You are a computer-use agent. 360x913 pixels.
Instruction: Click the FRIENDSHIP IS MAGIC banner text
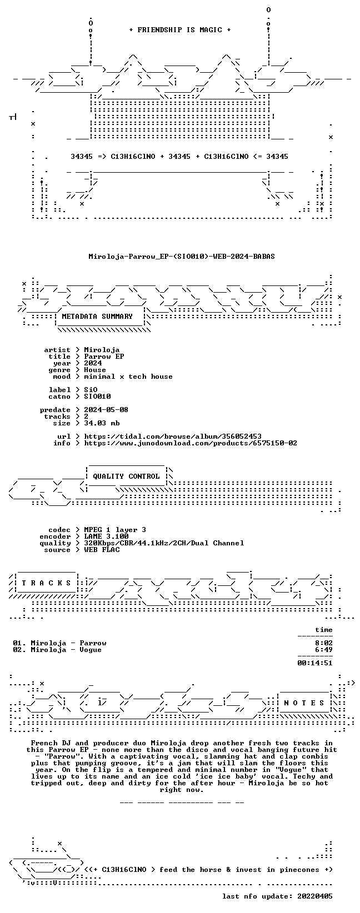pyautogui.click(x=180, y=30)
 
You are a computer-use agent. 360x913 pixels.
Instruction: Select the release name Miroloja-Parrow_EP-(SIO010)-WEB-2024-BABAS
pyautogui.click(x=182, y=257)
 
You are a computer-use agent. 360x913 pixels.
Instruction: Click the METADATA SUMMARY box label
pyautogui.click(x=97, y=317)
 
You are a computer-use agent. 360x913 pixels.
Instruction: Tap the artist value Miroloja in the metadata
pyautogui.click(x=102, y=350)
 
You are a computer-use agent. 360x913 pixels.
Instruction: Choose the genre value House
pyautogui.click(x=95, y=370)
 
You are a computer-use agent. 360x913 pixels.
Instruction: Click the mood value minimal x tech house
pyautogui.click(x=128, y=377)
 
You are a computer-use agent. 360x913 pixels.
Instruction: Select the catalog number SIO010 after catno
pyautogui.click(x=97, y=396)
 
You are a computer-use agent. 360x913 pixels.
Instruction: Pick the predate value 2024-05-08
pyautogui.click(x=107, y=410)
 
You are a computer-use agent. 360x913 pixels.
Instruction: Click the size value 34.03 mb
pyautogui.click(x=102, y=423)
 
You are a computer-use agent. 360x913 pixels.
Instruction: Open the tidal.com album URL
pyautogui.click(x=173, y=436)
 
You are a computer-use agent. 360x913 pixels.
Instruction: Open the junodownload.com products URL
pyautogui.click(x=191, y=443)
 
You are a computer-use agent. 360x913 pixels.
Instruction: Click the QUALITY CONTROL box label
pyautogui.click(x=126, y=476)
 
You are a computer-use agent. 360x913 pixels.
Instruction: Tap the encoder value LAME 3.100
pyautogui.click(x=107, y=536)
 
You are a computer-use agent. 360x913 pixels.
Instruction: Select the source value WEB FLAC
pyautogui.click(x=102, y=550)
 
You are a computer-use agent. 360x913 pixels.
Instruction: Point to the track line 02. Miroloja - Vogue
pyautogui.click(x=57, y=650)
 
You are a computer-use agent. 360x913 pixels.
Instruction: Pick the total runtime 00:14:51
pyautogui.click(x=315, y=663)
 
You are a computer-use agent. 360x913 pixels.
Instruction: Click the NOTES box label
pyautogui.click(x=304, y=703)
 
